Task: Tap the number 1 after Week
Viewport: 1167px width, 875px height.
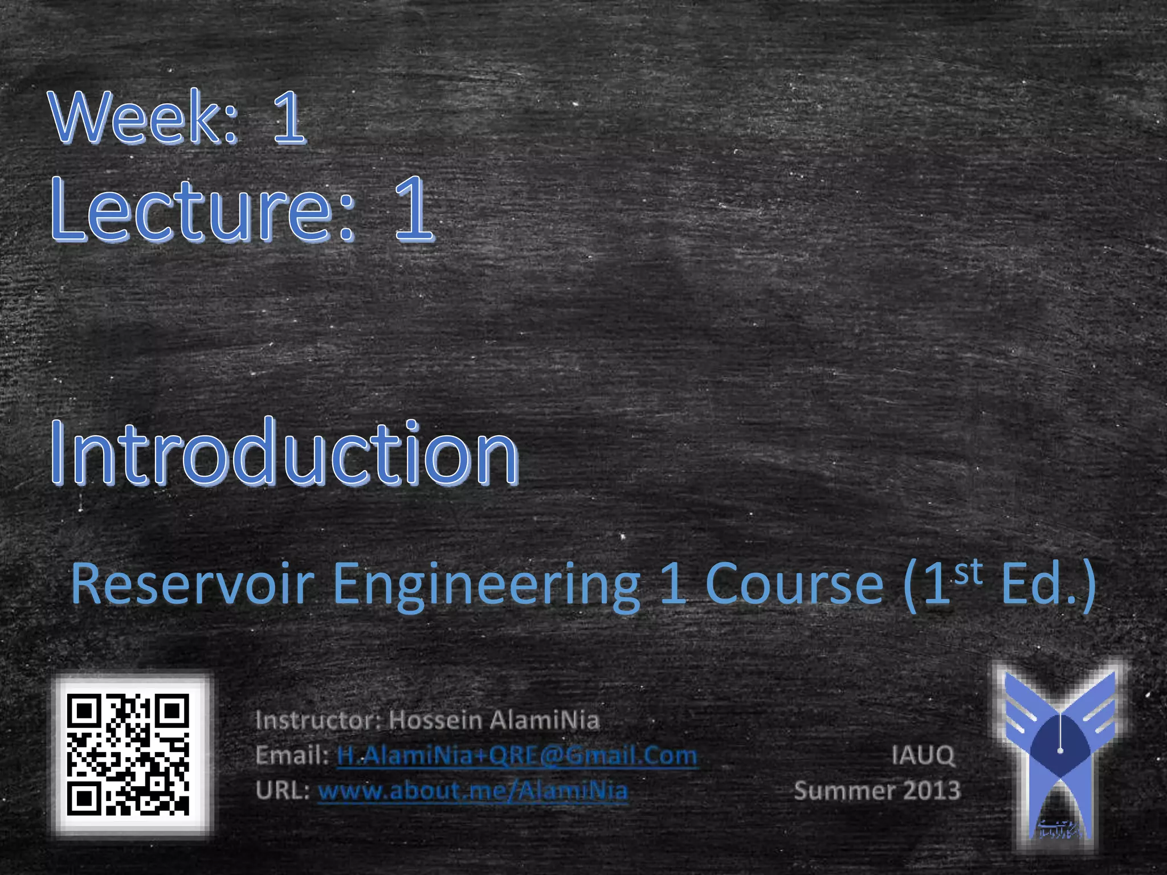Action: tap(289, 118)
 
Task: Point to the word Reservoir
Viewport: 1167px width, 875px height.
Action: tap(192, 584)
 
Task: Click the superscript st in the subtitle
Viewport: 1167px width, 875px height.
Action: tap(968, 573)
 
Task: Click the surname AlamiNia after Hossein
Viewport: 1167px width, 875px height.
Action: tap(544, 721)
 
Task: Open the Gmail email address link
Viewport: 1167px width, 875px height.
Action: tap(517, 756)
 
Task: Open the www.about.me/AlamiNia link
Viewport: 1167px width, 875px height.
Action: tap(473, 791)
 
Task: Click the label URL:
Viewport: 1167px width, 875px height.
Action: tap(282, 791)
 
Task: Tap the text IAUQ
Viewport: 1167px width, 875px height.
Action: tap(923, 755)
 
